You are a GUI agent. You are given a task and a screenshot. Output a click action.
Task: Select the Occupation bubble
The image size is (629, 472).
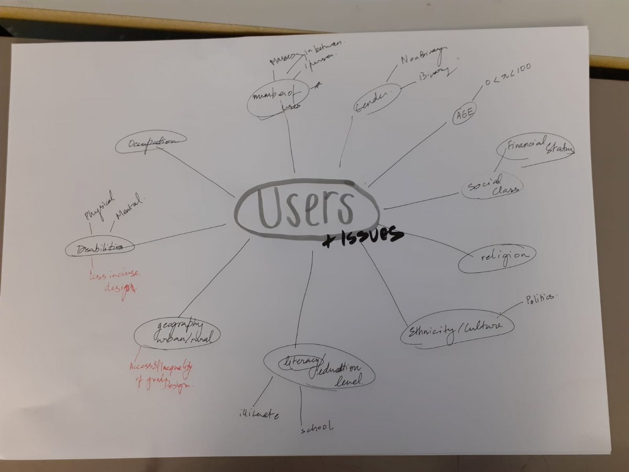pyautogui.click(x=151, y=142)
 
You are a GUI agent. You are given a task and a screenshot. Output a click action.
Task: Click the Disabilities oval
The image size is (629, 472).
pyautogui.click(x=100, y=248)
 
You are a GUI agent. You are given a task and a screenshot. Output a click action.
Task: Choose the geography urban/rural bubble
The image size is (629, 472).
pyautogui.click(x=177, y=334)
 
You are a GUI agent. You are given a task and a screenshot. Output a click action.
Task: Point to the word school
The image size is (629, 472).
pyautogui.click(x=317, y=427)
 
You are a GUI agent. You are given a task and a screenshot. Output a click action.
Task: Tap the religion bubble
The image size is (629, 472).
pyautogui.click(x=497, y=257)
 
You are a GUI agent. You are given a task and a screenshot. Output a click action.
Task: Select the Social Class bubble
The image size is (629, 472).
pyautogui.click(x=492, y=186)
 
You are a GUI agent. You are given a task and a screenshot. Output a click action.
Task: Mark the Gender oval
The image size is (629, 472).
pyautogui.click(x=376, y=99)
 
